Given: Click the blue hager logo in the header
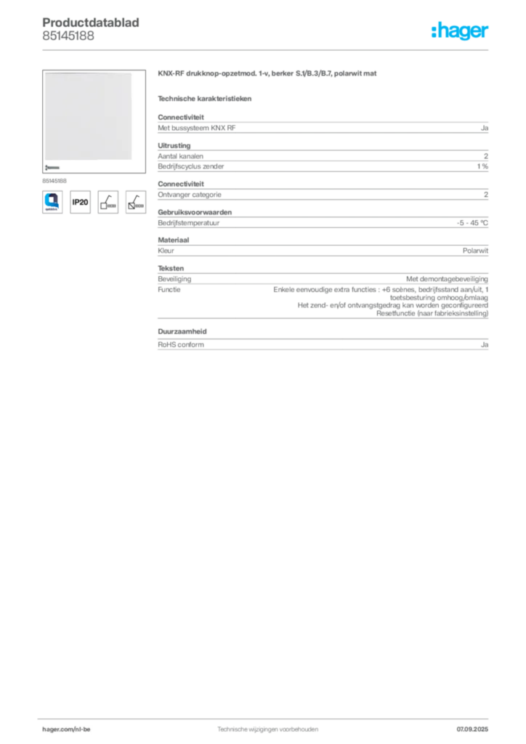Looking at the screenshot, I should point(461,31).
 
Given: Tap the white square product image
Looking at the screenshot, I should point(89,118).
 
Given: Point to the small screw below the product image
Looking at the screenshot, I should point(52,167).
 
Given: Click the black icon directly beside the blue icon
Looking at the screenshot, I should point(81,202).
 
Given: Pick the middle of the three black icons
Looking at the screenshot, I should point(108,201).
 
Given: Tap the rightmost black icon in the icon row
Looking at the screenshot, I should point(135,201).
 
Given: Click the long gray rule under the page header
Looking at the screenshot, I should point(267,49).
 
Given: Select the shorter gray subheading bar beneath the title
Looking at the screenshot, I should point(206,97).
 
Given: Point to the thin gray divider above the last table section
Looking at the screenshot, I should point(322,318).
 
